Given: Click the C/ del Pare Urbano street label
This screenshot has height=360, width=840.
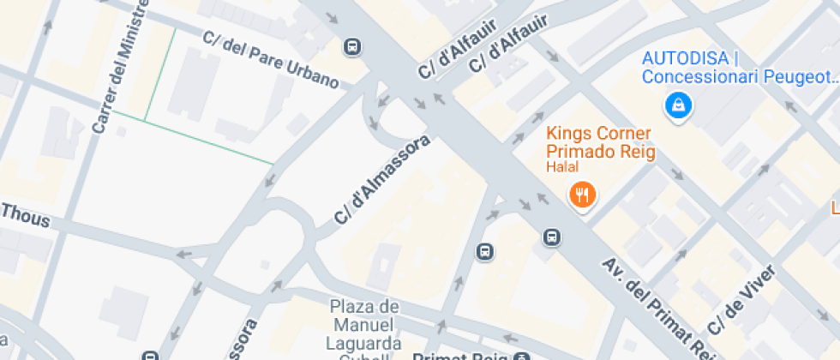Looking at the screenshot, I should coord(270,59).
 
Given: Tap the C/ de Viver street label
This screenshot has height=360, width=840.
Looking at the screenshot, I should coord(741,300).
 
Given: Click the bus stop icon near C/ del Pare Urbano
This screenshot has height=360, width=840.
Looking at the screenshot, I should coord(351,47).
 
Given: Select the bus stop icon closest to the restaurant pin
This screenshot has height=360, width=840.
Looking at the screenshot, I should coord(553,237).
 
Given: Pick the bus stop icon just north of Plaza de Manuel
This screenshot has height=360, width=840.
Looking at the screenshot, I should coord(485,251).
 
